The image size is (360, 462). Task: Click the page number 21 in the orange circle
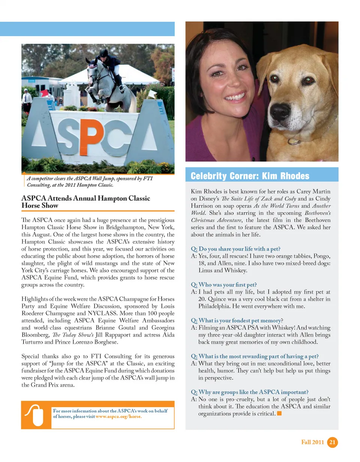click(332, 442)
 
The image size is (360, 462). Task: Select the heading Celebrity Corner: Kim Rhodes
click(250, 176)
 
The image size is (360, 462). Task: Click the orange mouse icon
click(34, 415)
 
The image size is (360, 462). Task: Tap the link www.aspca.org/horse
click(119, 417)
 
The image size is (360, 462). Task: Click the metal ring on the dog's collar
click(295, 142)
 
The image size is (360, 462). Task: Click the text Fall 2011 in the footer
click(312, 442)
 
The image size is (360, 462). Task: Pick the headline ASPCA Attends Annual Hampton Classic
click(86, 198)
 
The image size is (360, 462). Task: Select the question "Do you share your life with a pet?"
click(235, 249)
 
